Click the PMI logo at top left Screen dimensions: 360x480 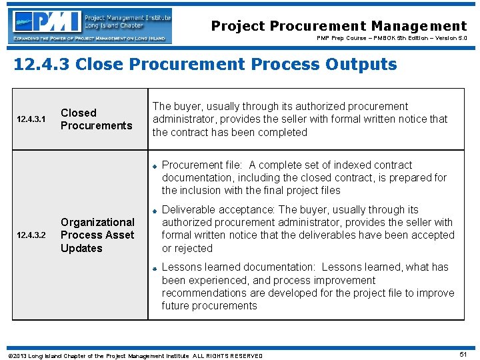(x=91, y=26)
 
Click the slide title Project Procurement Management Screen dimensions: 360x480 (x=339, y=26)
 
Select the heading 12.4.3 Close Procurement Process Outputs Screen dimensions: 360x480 (x=205, y=65)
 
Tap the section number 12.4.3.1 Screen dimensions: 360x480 (x=31, y=119)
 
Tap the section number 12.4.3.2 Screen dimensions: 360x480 (x=31, y=235)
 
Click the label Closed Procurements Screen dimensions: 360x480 (x=96, y=119)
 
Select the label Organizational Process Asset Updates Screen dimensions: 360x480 (x=97, y=235)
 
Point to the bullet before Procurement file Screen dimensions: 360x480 (x=153, y=166)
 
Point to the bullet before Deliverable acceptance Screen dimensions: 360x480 (x=153, y=211)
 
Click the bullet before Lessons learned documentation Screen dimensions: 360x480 (x=153, y=268)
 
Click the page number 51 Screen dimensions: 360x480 (x=463, y=355)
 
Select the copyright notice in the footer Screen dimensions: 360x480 (x=134, y=355)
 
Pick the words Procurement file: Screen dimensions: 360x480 (x=203, y=165)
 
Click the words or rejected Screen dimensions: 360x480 (x=178, y=249)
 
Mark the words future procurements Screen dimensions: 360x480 (x=209, y=306)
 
